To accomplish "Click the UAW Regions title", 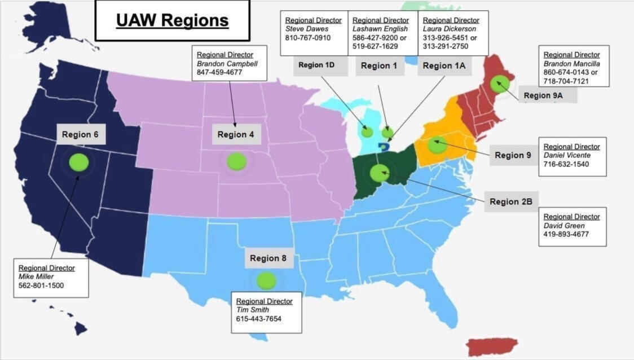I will pyautogui.click(x=172, y=20).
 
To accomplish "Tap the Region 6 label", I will pyautogui.click(x=80, y=134).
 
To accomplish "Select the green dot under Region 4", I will pyautogui.click(x=236, y=161).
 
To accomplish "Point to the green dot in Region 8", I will pyautogui.click(x=266, y=280).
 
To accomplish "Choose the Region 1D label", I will pyautogui.click(x=316, y=65).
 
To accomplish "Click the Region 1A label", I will pyautogui.click(x=444, y=65).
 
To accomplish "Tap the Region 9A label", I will pyautogui.click(x=543, y=95).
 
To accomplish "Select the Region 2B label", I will pyautogui.click(x=511, y=201).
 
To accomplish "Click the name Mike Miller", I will pyautogui.click(x=37, y=276).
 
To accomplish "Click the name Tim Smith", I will pyautogui.click(x=252, y=310).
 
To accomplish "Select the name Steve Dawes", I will pyautogui.click(x=307, y=29).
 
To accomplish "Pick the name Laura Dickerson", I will pyautogui.click(x=449, y=29).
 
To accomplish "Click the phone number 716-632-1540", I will pyautogui.click(x=566, y=164).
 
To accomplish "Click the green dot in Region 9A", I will pyautogui.click(x=499, y=84).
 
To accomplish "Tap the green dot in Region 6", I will pyautogui.click(x=79, y=163).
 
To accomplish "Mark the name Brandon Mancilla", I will pyautogui.click(x=571, y=64).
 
